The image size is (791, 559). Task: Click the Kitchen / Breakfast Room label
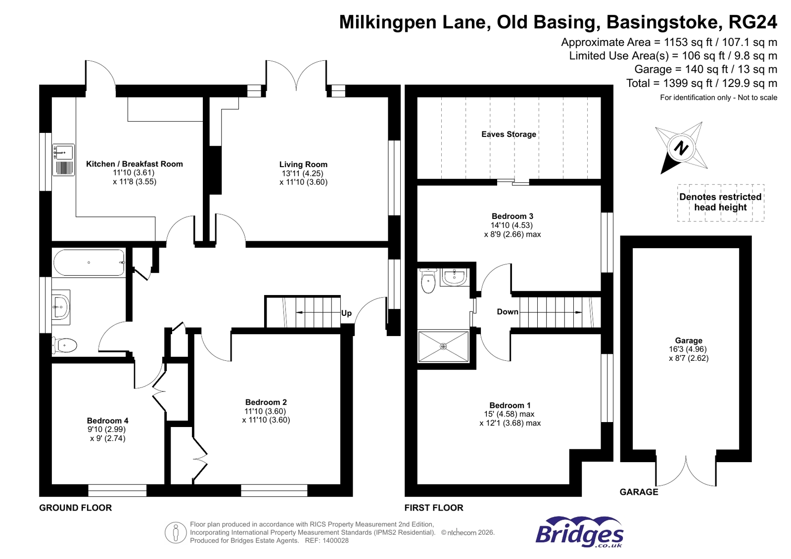[x=134, y=164]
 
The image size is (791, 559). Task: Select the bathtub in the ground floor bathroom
[x=89, y=262]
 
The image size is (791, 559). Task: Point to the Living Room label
[x=303, y=164]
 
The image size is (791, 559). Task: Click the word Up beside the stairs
[x=346, y=313]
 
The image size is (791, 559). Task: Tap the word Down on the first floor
[x=508, y=311]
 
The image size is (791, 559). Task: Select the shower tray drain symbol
[x=443, y=346]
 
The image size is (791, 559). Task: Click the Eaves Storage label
[x=509, y=134]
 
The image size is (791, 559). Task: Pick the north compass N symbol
[x=682, y=148]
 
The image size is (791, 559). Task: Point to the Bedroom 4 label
[x=107, y=421]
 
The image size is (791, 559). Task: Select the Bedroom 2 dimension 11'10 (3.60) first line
[x=265, y=411]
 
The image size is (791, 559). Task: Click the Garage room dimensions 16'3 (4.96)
[x=689, y=349]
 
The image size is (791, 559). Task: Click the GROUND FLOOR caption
[x=75, y=508]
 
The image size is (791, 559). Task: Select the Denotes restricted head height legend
[x=720, y=202]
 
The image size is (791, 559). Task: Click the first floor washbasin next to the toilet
[x=454, y=277]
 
